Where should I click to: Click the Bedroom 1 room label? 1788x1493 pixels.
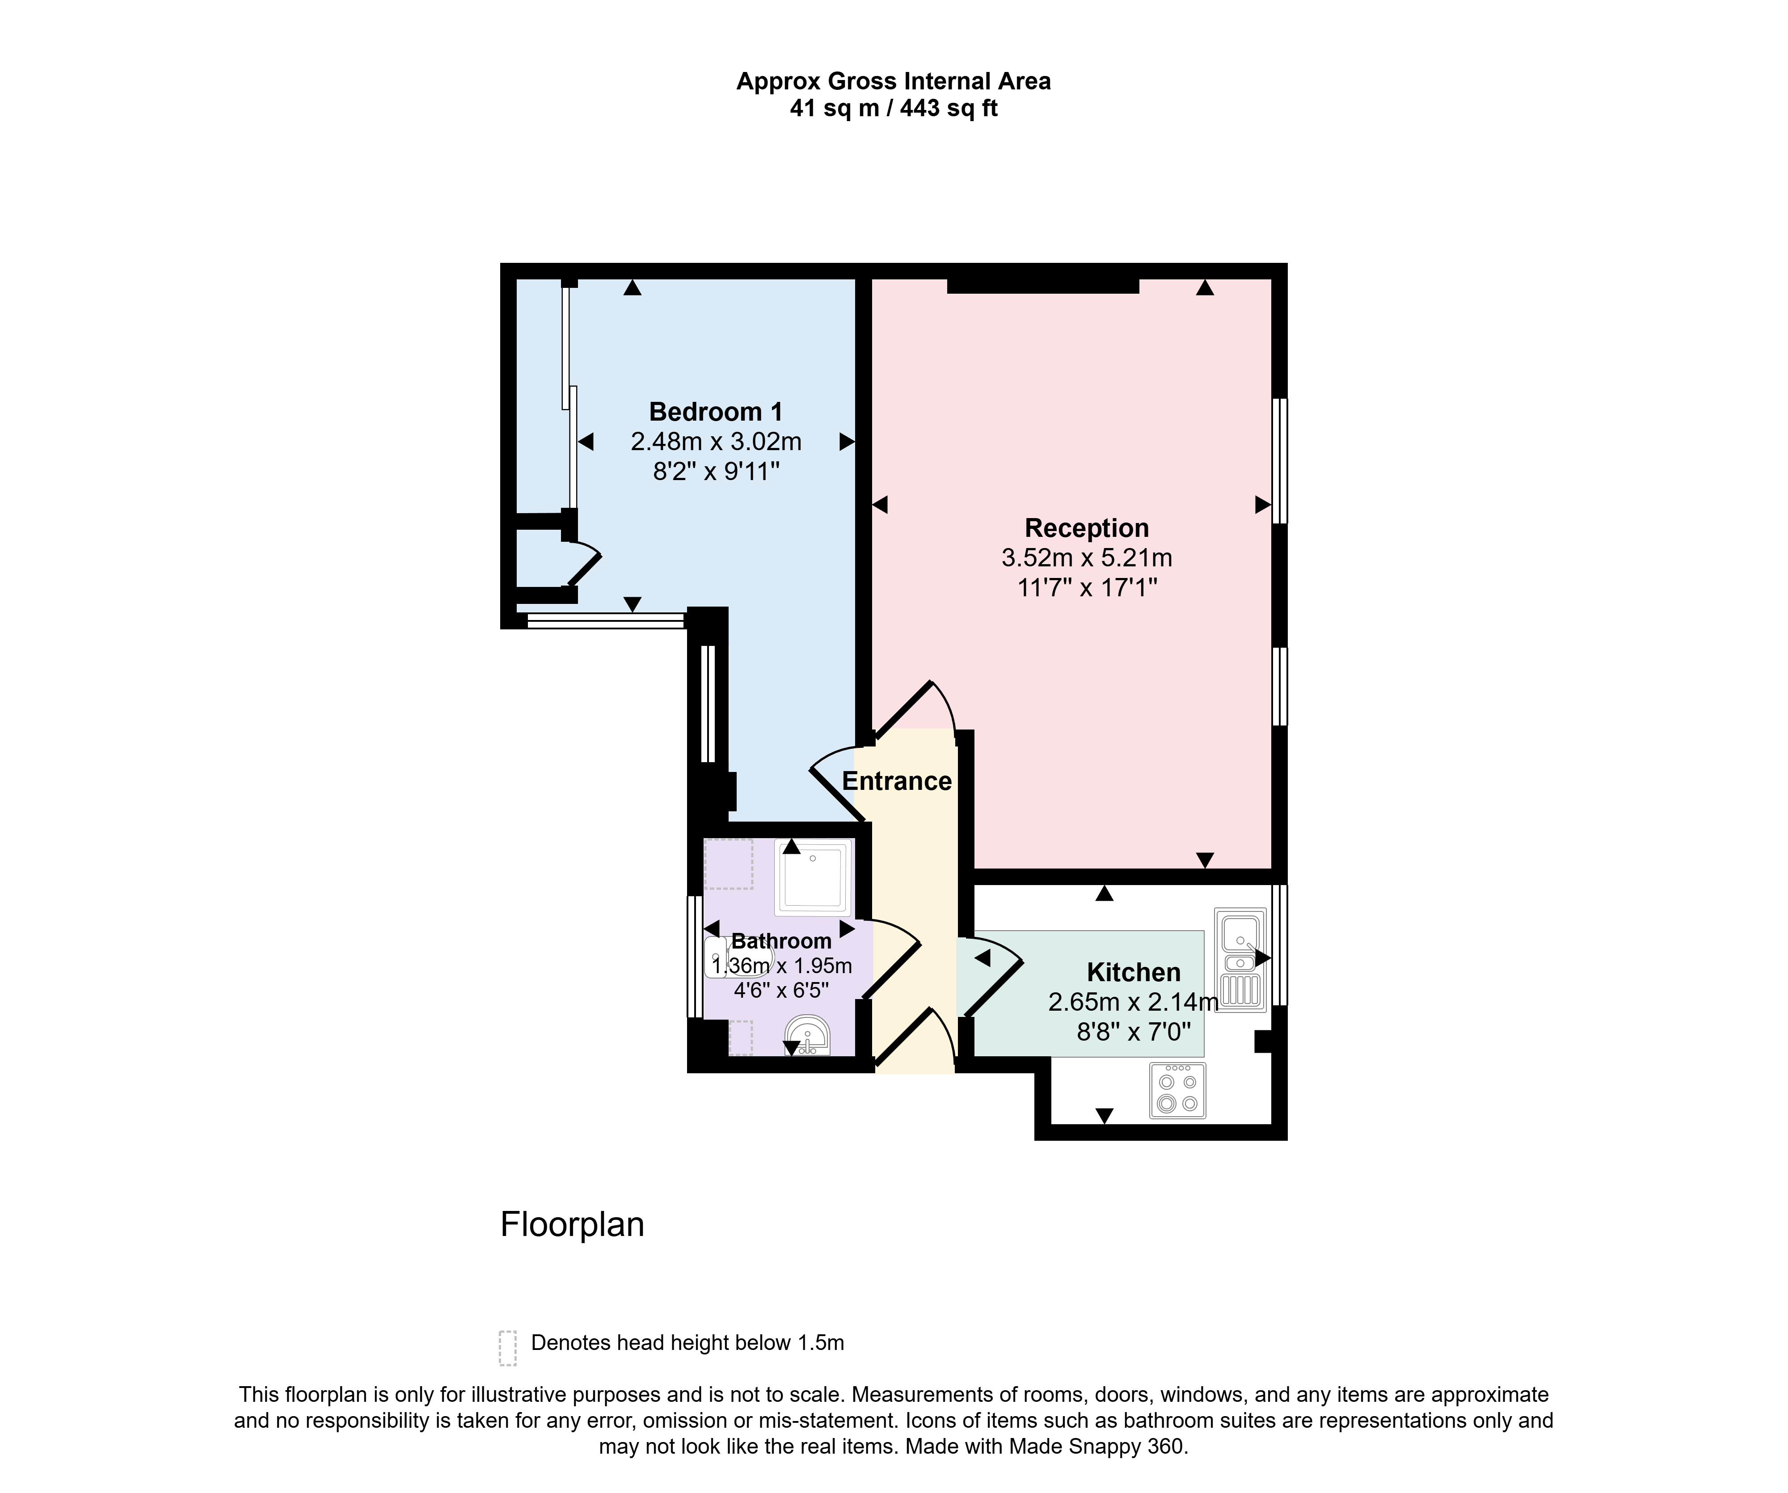(715, 412)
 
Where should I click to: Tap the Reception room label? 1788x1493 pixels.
(1086, 529)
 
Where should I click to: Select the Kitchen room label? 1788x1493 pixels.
(1133, 972)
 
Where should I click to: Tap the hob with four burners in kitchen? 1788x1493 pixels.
(1177, 1090)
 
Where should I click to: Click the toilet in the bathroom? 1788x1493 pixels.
(738, 957)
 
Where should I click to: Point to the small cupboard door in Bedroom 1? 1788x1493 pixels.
(584, 564)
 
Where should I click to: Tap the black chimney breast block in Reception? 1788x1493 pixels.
(1043, 286)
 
